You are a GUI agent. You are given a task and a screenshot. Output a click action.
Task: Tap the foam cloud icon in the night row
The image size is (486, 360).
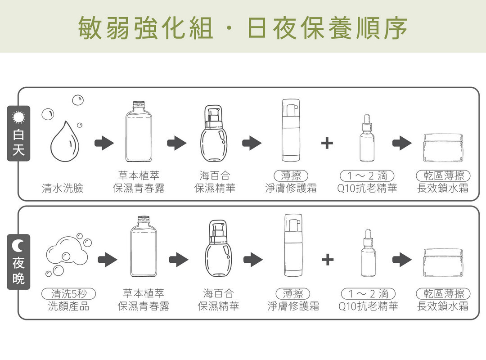coord(67,255)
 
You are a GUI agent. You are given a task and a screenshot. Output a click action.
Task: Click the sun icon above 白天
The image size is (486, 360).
coord(18,117)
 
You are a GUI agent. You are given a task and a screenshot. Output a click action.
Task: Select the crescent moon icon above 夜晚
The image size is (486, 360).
coord(18,245)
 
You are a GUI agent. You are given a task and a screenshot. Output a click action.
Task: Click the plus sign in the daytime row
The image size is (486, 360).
coord(327,144)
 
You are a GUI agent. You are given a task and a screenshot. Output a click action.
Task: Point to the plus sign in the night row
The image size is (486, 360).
coord(328,260)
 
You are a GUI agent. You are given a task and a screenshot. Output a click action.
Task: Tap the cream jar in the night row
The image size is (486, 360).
coord(443,262)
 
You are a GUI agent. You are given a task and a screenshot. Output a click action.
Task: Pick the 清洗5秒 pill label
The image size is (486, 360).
coord(68,294)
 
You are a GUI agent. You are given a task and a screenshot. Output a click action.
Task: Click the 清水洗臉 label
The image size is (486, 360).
coord(63,188)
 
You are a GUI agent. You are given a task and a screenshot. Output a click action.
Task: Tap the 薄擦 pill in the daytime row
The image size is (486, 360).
coord(291,175)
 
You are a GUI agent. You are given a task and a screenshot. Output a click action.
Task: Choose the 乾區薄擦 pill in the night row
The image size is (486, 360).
coord(443,294)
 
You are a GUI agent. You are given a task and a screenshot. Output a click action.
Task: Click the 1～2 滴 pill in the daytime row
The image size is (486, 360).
coord(367,175)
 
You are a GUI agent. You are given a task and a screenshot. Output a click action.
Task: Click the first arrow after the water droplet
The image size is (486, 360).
coord(104,144)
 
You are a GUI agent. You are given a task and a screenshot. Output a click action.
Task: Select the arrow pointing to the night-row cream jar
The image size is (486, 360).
coord(402,260)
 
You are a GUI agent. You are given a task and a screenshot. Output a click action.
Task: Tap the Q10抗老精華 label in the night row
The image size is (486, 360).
coord(368,307)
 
